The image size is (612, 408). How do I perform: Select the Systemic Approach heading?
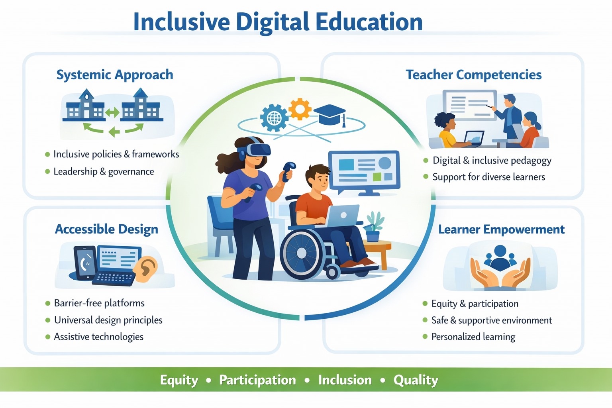[x=115, y=75]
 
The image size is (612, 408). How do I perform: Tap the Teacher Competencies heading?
[x=473, y=75]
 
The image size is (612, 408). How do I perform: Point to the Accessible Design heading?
[x=106, y=229]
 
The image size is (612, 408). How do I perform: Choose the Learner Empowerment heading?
[x=501, y=229]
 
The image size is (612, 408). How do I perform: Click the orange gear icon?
[x=300, y=109]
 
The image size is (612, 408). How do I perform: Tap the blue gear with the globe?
[x=274, y=118]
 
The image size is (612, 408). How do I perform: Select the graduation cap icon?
[x=330, y=115]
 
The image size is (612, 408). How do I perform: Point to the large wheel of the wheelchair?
[x=302, y=253]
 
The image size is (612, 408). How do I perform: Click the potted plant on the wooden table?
[x=374, y=226]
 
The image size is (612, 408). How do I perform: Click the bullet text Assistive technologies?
[x=99, y=337]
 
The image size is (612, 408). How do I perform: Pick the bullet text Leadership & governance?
[x=104, y=172]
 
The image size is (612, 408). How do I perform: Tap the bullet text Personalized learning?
[x=473, y=337]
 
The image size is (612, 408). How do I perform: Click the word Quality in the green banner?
[x=416, y=380]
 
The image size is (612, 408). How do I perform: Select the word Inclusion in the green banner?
[x=345, y=380]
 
